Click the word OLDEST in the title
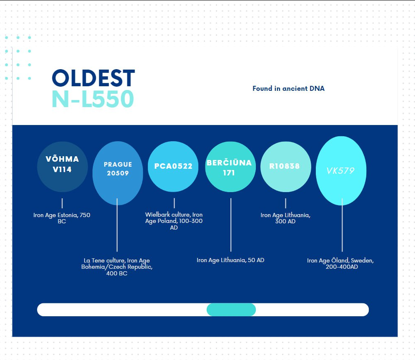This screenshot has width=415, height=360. (93, 78)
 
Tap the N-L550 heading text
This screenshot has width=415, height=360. (92, 99)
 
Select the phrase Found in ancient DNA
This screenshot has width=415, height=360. (288, 88)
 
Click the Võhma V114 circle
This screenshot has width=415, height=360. (62, 167)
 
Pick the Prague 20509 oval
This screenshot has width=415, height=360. (118, 173)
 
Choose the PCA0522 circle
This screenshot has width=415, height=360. (173, 167)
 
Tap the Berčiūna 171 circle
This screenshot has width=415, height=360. (230, 167)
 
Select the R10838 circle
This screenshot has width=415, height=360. (286, 167)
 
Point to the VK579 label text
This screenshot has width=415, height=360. (340, 171)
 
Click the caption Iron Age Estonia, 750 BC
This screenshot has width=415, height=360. (62, 218)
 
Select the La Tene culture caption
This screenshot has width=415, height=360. (117, 267)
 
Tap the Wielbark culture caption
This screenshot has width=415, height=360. (174, 221)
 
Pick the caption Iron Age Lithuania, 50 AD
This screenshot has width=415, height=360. (230, 260)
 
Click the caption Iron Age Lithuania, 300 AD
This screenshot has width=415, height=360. (285, 218)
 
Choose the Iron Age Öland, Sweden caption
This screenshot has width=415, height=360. (340, 263)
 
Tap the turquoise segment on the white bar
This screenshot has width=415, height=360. (231, 310)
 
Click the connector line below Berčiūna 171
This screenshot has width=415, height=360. (231, 225)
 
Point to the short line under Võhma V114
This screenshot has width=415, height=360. (62, 203)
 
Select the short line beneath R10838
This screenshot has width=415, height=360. (285, 203)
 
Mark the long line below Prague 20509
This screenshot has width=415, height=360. (117, 225)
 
